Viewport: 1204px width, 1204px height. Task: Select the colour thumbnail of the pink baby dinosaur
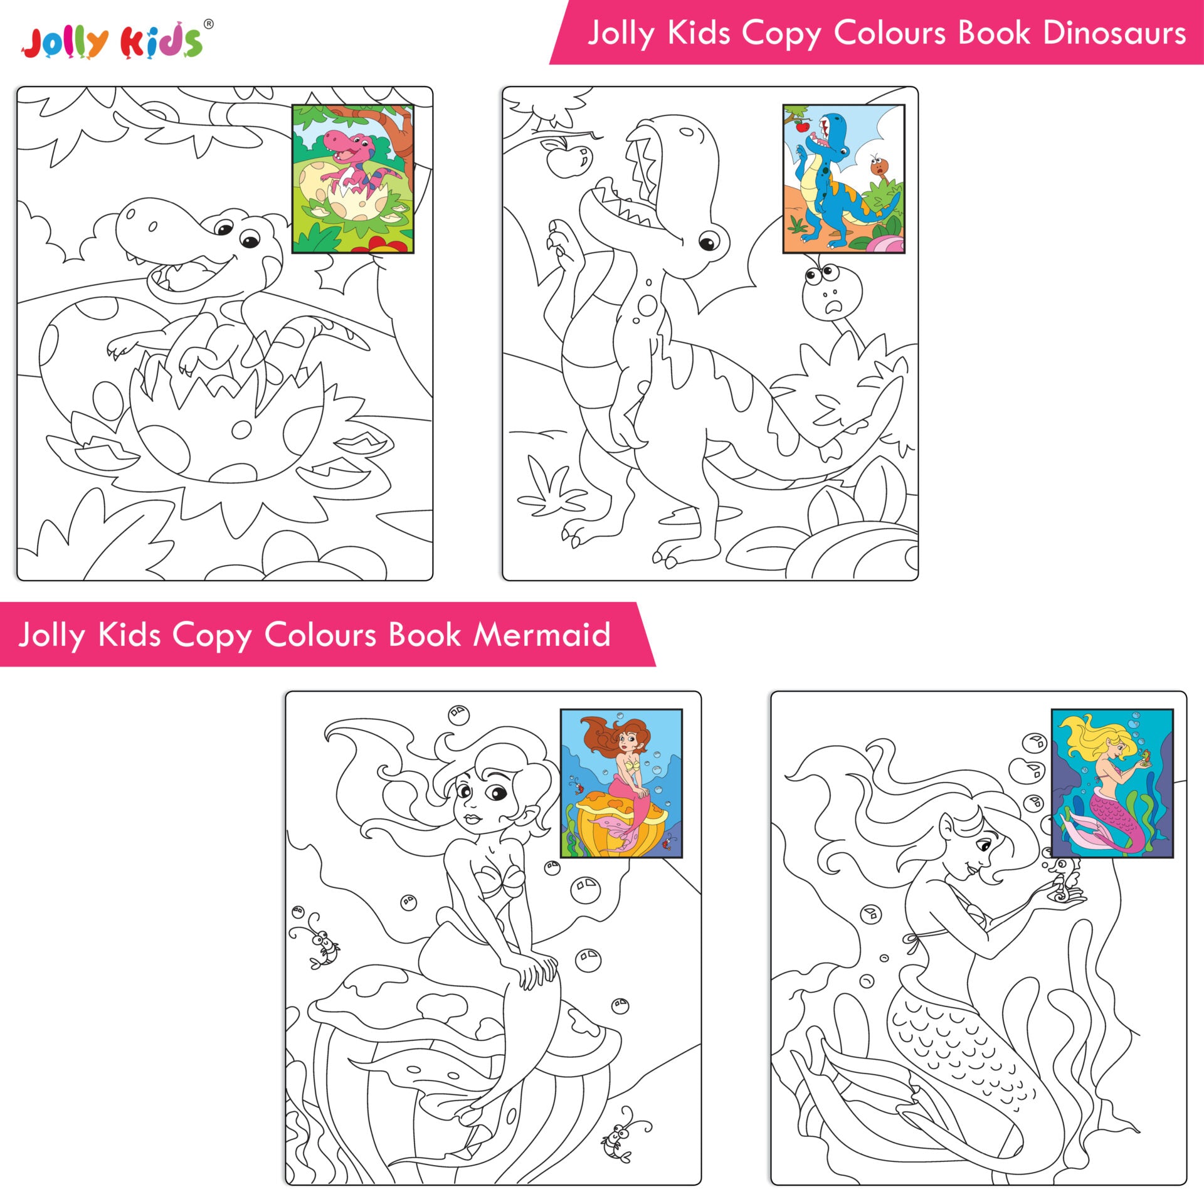(x=353, y=179)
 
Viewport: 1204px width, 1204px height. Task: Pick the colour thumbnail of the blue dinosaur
(x=843, y=179)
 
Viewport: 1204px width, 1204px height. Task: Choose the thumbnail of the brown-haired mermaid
(x=621, y=783)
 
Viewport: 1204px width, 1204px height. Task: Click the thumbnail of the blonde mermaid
(x=1112, y=783)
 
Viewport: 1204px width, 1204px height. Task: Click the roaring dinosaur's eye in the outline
(x=709, y=241)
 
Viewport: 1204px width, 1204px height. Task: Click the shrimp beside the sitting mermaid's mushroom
(x=315, y=945)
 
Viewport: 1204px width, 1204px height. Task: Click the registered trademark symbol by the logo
(x=209, y=24)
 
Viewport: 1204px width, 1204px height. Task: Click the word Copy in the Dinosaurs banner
(x=781, y=34)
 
